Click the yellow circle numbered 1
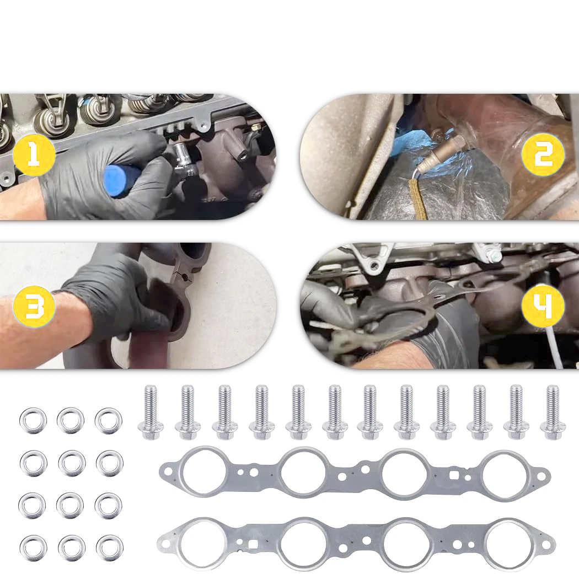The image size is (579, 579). (34, 155)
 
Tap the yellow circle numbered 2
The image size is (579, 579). (543, 155)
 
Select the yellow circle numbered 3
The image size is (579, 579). (34, 307)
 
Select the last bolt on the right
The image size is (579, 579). (553, 412)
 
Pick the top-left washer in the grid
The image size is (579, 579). (33, 421)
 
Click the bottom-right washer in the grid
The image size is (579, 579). (109, 548)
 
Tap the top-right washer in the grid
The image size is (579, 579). (108, 421)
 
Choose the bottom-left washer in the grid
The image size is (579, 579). (33, 548)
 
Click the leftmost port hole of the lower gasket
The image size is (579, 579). (202, 543)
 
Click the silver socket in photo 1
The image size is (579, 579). (185, 159)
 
